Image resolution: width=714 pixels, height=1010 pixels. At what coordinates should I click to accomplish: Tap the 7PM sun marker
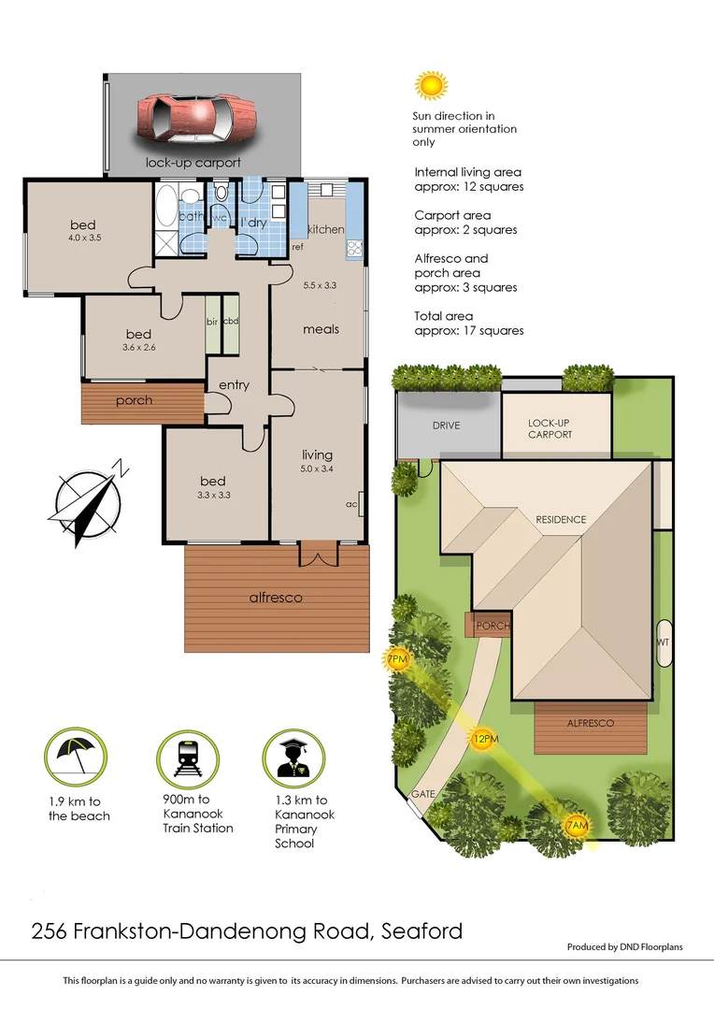pyautogui.click(x=398, y=660)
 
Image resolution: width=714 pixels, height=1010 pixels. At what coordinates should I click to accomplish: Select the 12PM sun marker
pyautogui.click(x=483, y=738)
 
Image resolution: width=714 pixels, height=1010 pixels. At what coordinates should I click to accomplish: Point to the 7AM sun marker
pyautogui.click(x=578, y=826)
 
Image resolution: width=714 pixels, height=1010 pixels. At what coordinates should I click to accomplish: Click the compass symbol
pyautogui.click(x=91, y=501)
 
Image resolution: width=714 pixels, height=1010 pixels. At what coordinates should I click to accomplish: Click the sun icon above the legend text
pyautogui.click(x=431, y=85)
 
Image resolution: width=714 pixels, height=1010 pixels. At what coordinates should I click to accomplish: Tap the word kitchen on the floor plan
pyautogui.click(x=325, y=229)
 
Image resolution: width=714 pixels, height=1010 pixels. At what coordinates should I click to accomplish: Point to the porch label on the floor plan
pyautogui.click(x=134, y=400)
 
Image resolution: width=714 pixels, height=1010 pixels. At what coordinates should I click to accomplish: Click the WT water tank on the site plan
pyautogui.click(x=664, y=643)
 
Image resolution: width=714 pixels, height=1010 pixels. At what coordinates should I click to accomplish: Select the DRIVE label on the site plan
pyautogui.click(x=446, y=426)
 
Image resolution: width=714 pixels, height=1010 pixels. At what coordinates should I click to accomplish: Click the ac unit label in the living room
pyautogui.click(x=351, y=504)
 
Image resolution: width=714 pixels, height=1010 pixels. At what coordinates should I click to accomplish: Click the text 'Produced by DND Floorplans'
pyautogui.click(x=624, y=947)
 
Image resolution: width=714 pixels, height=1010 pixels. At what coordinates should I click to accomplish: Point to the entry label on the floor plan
pyautogui.click(x=234, y=385)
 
